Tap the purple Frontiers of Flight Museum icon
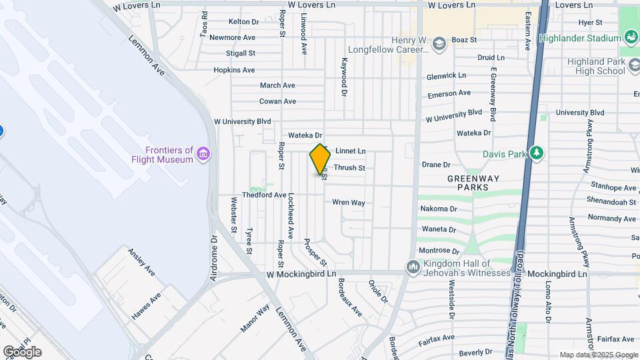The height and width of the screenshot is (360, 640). click(204, 155)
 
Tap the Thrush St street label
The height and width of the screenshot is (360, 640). click(349, 168)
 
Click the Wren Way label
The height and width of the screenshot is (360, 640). click(349, 202)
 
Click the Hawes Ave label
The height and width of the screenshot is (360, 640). click(145, 306)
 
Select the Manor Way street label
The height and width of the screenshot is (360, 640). click(255, 318)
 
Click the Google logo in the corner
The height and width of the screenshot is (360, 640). click(22, 352)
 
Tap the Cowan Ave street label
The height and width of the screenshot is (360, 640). click(277, 101)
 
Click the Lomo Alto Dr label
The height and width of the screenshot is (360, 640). click(548, 301)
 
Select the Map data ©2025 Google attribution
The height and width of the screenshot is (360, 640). click(598, 355)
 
